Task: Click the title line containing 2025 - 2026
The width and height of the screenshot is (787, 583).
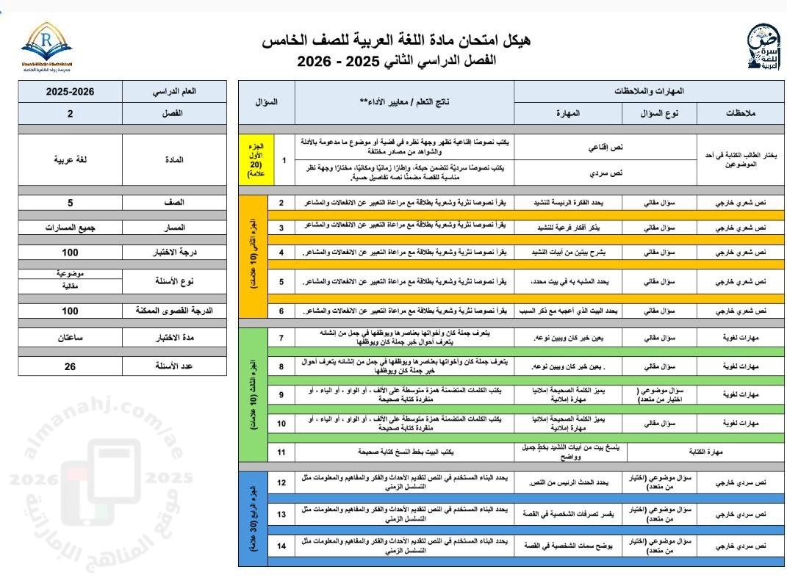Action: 396,61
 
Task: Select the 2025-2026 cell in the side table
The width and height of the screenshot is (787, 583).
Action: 70,93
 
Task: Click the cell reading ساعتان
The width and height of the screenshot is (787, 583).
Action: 70,338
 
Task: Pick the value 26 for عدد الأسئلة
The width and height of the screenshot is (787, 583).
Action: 70,366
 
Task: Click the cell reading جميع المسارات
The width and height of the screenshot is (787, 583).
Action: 70,228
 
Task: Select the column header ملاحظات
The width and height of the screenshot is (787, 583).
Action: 741,113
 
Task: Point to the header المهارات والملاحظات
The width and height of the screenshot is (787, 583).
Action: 649,91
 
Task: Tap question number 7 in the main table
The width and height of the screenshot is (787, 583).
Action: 281,338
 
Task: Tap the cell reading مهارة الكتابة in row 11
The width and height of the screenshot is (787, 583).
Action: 700,452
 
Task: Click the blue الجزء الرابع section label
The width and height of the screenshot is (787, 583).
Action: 254,514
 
